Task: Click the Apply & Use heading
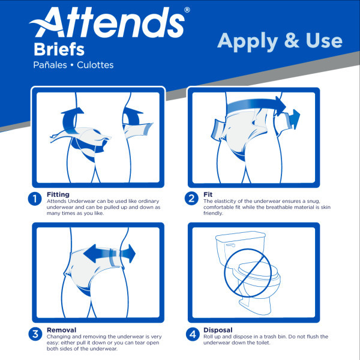click(x=279, y=40)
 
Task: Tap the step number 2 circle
click(x=192, y=199)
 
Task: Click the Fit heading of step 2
click(x=208, y=194)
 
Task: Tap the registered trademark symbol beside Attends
click(x=187, y=10)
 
